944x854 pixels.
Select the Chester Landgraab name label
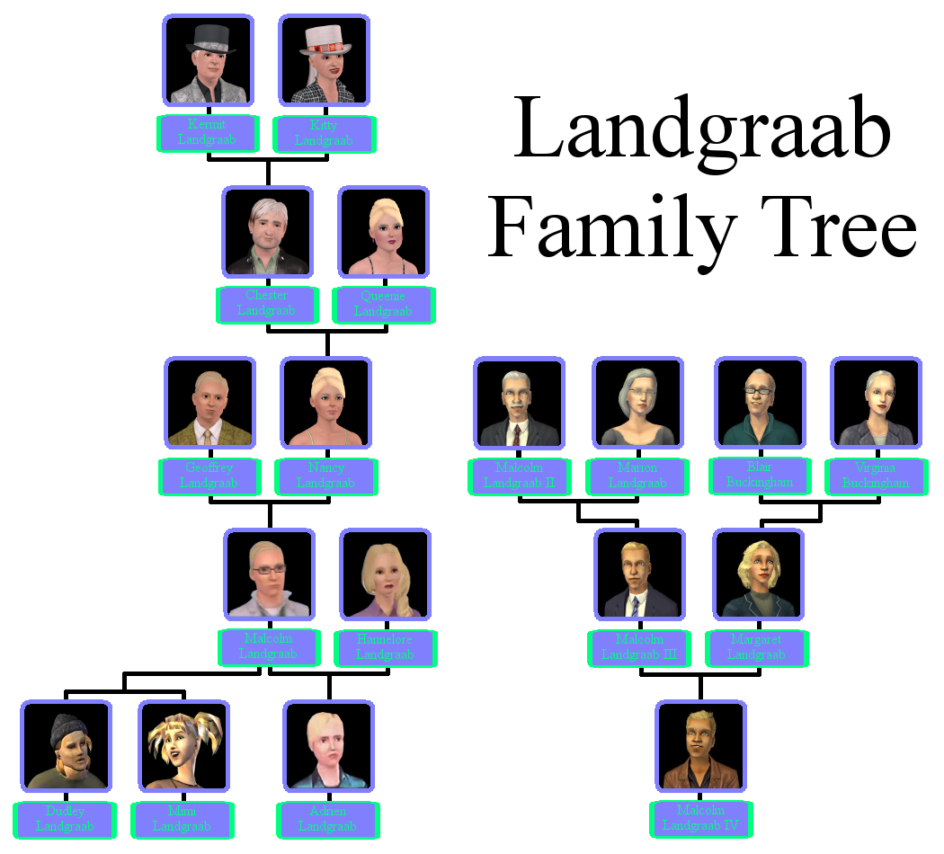click(x=267, y=305)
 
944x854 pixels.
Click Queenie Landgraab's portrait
click(x=383, y=232)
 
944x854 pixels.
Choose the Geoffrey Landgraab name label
click(x=209, y=476)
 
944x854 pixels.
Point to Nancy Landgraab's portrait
click(x=325, y=403)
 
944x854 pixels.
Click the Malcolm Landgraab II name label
click(x=519, y=476)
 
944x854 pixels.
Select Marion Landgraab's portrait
click(x=637, y=403)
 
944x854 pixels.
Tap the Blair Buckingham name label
click(x=760, y=476)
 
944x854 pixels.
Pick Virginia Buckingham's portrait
click(x=876, y=403)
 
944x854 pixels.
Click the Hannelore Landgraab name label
click(x=385, y=648)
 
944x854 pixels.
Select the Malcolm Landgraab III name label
click(x=639, y=648)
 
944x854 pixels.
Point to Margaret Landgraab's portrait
click(x=758, y=574)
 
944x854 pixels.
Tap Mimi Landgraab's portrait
click(x=183, y=746)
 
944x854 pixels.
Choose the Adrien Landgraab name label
click(x=327, y=820)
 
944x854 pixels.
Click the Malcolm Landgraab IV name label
click(x=700, y=819)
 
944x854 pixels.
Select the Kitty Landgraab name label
click(x=324, y=134)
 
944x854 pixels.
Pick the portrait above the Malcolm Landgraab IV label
click(x=700, y=746)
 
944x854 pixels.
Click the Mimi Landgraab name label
click(x=183, y=820)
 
